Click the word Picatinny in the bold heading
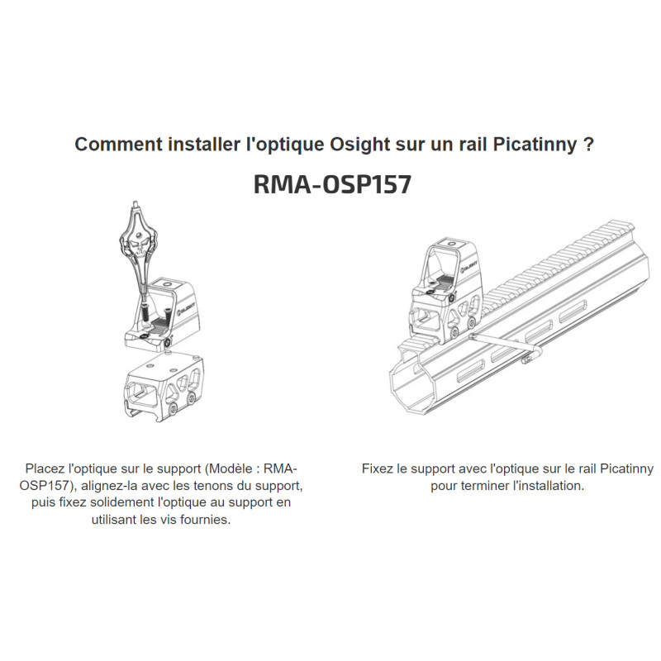tap(535, 145)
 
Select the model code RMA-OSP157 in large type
tap(332, 184)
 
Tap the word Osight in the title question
tap(359, 145)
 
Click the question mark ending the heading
tap(589, 145)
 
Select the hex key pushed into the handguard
tap(504, 345)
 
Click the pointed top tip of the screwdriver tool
tap(136, 202)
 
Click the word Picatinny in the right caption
tap(627, 468)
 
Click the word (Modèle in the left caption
tap(231, 468)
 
